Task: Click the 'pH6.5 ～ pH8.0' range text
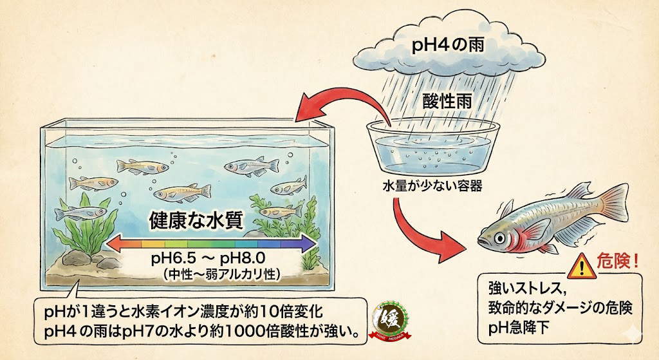pyautogui.click(x=204, y=260)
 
